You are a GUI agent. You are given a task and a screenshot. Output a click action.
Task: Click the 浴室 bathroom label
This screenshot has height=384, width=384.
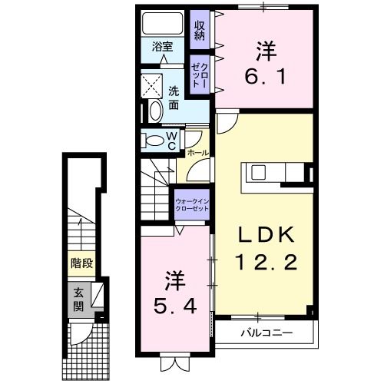pyautogui.click(x=161, y=45)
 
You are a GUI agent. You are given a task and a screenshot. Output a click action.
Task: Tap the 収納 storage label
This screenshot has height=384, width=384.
pyautogui.click(x=200, y=29)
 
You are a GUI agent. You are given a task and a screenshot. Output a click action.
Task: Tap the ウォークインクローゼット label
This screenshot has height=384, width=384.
pyautogui.click(x=192, y=206)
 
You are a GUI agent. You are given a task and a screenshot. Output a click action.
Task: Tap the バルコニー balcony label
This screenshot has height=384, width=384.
pyautogui.click(x=266, y=333)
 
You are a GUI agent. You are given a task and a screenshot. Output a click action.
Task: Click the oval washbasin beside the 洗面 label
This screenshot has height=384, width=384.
pyautogui.click(x=153, y=111)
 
